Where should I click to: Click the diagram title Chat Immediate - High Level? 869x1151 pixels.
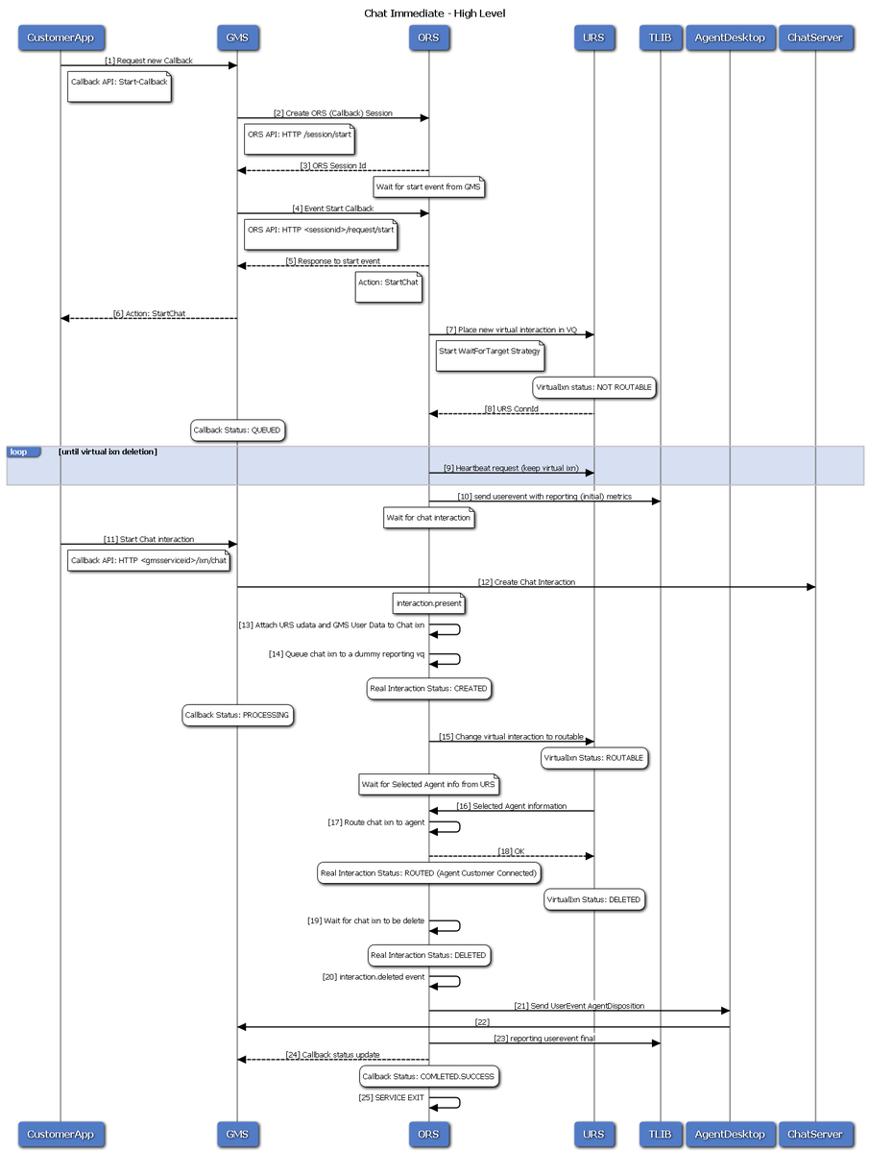point(434,13)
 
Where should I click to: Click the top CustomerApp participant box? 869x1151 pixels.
point(60,37)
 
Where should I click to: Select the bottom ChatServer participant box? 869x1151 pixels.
point(814,1134)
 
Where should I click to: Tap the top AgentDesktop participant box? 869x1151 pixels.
point(730,37)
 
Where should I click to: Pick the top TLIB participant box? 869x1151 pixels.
point(660,37)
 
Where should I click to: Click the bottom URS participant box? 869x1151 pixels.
point(593,1134)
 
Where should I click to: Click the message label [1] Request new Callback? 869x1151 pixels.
point(149,61)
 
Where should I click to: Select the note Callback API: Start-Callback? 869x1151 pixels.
point(119,86)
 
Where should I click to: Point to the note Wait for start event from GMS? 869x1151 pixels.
point(429,187)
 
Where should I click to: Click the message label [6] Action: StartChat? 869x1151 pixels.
point(149,313)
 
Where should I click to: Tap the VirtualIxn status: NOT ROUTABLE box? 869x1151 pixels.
point(594,387)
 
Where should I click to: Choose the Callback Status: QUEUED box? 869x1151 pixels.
point(237,430)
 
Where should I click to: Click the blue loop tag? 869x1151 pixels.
point(23,452)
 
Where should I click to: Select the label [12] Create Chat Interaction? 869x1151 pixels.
point(526,582)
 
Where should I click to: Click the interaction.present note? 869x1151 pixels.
point(429,603)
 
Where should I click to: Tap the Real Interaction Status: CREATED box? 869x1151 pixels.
point(428,689)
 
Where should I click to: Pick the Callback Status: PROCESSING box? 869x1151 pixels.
point(237,715)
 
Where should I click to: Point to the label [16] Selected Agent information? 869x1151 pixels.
point(511,806)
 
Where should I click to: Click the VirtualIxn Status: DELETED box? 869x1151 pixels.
point(594,900)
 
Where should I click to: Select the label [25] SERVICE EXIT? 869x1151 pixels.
point(391,1097)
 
